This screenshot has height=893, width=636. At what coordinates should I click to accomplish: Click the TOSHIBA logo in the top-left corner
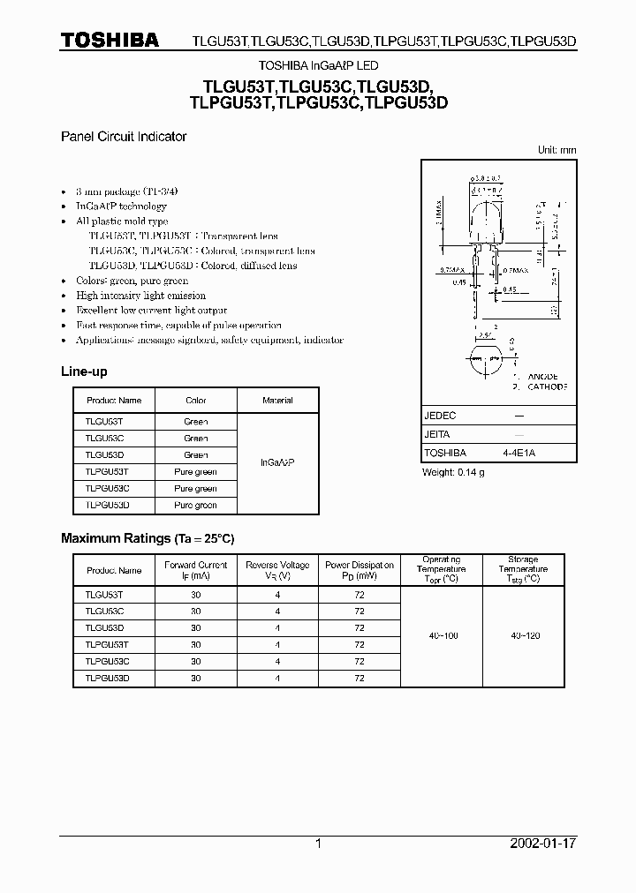point(110,40)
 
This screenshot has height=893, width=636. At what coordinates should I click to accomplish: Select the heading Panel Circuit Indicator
point(123,137)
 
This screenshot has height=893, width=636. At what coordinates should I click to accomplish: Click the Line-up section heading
point(84,371)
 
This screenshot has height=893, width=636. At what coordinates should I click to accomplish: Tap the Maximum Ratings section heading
point(147,538)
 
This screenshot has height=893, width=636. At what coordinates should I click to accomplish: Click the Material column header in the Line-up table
point(277,401)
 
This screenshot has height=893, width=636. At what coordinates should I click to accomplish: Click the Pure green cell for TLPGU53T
point(195,472)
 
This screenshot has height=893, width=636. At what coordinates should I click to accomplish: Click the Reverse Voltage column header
point(277,570)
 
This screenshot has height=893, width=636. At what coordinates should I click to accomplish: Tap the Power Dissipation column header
point(360,570)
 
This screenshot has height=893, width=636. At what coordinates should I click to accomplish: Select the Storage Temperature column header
point(523,569)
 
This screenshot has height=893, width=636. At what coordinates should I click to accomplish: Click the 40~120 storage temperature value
point(523,636)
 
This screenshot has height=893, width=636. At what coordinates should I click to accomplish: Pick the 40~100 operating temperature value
point(442,636)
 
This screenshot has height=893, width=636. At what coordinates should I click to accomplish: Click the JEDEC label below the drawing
point(441,415)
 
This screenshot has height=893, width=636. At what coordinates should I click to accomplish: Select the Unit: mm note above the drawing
point(556,151)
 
